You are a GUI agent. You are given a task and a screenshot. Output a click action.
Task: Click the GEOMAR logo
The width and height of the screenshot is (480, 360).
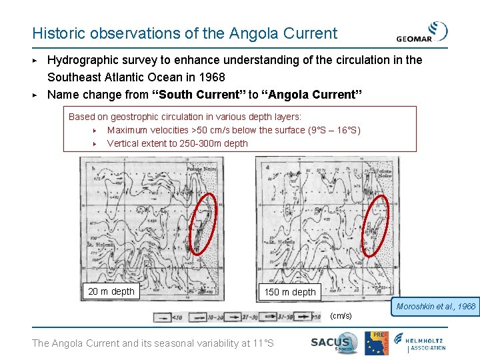point(421,32)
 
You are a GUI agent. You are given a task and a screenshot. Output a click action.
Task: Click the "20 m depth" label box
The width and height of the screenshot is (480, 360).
point(111,291)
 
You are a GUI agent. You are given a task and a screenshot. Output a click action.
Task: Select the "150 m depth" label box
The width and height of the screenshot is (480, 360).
point(290,292)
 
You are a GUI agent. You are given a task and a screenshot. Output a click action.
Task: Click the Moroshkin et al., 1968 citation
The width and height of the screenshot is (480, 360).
point(436,307)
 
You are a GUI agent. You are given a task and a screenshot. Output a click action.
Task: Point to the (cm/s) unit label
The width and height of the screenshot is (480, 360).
point(341,315)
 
